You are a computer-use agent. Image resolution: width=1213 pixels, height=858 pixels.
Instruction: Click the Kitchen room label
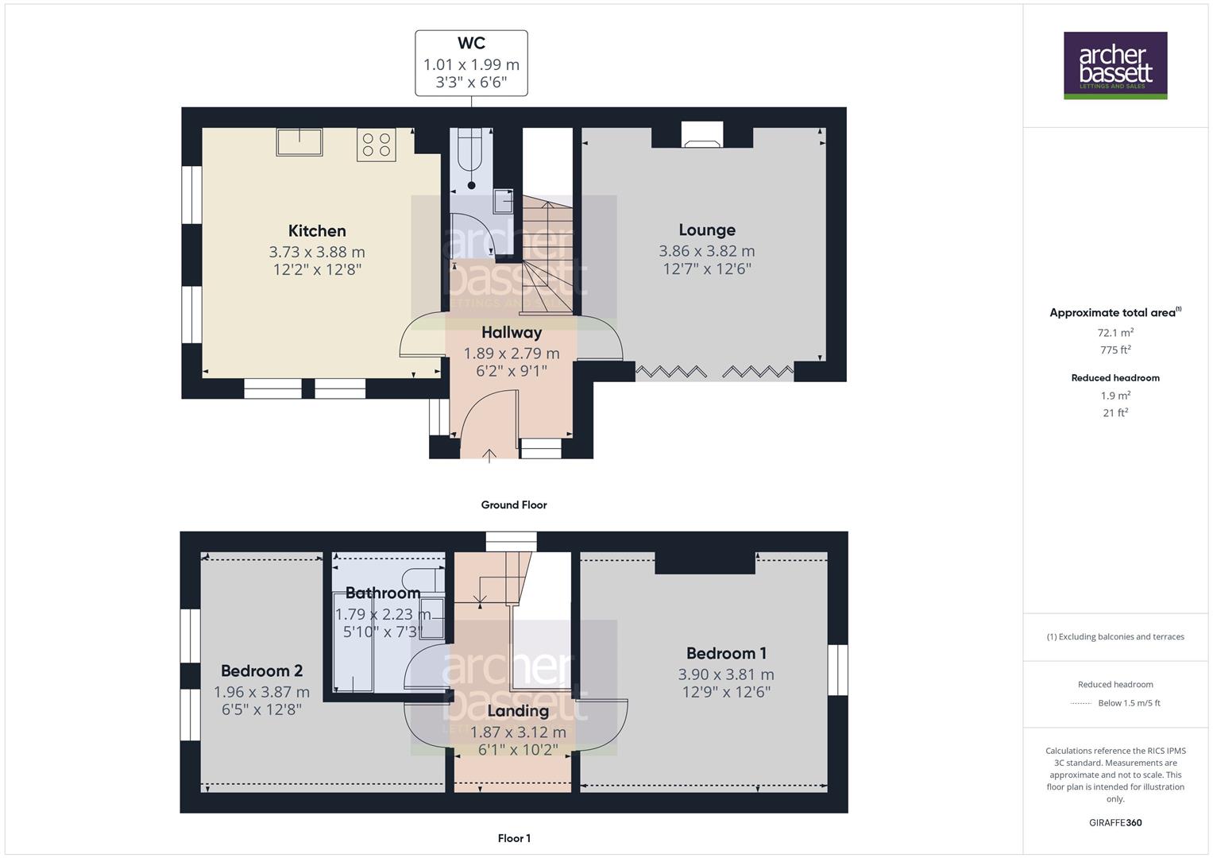317,231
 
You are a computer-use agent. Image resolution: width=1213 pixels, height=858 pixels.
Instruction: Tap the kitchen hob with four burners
376,145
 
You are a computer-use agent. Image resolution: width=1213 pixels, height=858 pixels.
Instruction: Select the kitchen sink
299,142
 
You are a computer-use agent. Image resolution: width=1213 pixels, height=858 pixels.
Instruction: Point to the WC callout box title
471,44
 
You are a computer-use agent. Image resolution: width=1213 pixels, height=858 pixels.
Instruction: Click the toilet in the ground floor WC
471,155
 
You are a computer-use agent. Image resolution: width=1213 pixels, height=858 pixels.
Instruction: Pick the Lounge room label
706,230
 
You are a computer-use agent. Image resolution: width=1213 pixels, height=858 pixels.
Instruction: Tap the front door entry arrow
489,454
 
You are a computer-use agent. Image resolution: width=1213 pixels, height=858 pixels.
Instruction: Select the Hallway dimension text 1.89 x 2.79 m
512,353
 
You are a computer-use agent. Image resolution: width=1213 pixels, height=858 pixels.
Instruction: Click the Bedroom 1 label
726,653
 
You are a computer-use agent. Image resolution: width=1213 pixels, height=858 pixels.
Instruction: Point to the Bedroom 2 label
261,671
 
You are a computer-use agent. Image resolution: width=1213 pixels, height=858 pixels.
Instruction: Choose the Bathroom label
383,593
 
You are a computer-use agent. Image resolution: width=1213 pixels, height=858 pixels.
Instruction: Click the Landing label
518,711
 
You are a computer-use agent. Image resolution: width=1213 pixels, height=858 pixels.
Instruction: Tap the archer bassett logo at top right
1114,65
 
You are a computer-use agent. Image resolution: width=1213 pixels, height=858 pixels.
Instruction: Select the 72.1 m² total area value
1115,333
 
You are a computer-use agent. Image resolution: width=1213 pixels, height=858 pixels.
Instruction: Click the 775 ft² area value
1115,350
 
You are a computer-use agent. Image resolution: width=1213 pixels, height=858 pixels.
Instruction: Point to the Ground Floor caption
513,504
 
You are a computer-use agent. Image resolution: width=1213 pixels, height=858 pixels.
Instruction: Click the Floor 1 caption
514,838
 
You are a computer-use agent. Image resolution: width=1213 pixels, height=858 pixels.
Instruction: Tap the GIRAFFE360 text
1115,822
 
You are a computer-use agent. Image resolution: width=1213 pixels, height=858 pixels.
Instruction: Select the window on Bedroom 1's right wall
837,670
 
